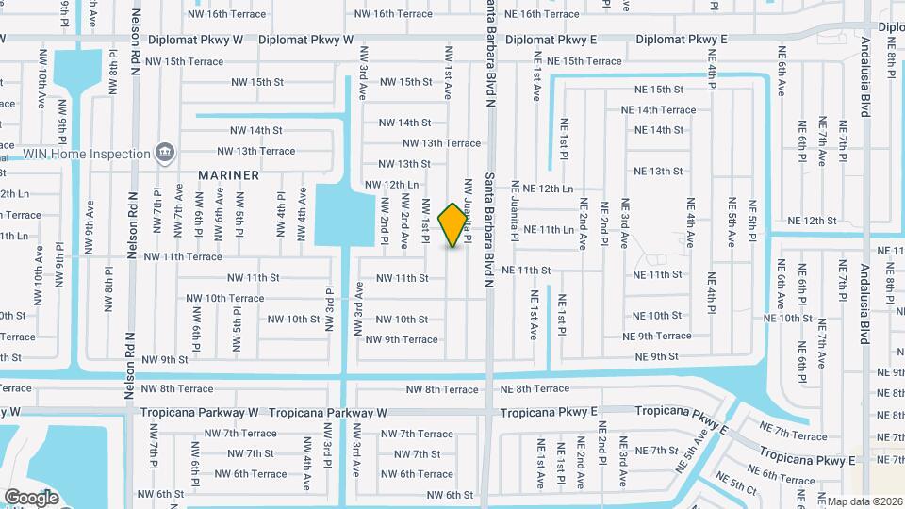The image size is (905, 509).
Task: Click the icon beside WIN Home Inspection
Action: click(165, 152)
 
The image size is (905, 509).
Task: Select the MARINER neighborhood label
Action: click(228, 175)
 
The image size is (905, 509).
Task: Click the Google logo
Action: click(32, 497)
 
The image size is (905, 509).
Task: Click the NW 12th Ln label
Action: click(391, 185)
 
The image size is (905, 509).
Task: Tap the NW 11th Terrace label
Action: click(183, 256)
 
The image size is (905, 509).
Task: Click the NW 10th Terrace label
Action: click(225, 298)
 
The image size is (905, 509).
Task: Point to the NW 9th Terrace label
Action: click(402, 339)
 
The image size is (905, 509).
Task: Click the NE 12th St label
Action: click(812, 221)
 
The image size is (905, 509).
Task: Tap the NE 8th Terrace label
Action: click(535, 388)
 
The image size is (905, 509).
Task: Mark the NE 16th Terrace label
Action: click(542, 14)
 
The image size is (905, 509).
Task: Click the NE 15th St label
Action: click(659, 89)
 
